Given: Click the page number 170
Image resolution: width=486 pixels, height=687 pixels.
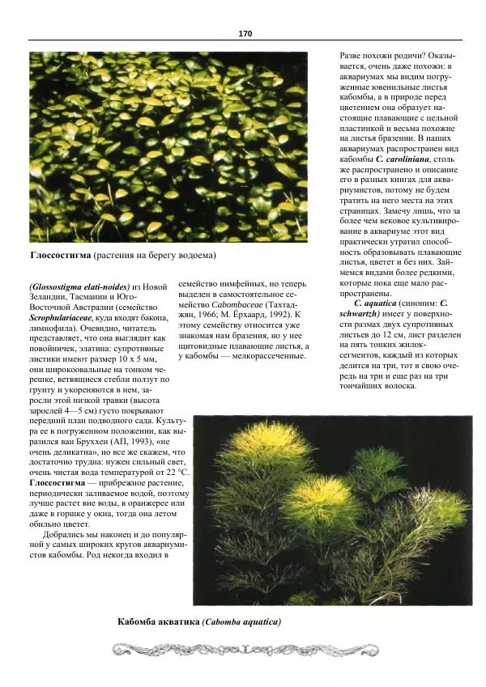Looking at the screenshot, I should (x=245, y=33).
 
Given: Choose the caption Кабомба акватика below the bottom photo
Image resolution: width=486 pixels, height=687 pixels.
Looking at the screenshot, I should (x=158, y=621).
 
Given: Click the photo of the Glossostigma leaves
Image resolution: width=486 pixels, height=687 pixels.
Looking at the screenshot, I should (x=168, y=147).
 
